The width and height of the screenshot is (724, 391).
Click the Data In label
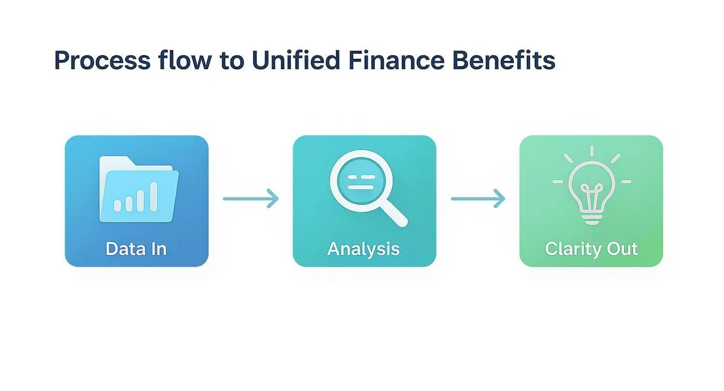pos(136,249)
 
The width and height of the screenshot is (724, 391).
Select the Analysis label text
pos(364,249)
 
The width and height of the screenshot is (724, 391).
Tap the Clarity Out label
pos(591,249)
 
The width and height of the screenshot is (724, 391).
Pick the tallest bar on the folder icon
pos(154,196)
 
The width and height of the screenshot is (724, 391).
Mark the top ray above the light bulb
pos(591,151)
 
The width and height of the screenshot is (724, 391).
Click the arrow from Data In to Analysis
pos(251,199)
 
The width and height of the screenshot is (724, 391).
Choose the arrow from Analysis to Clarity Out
pos(477,199)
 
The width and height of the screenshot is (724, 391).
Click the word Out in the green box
pos(620,249)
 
